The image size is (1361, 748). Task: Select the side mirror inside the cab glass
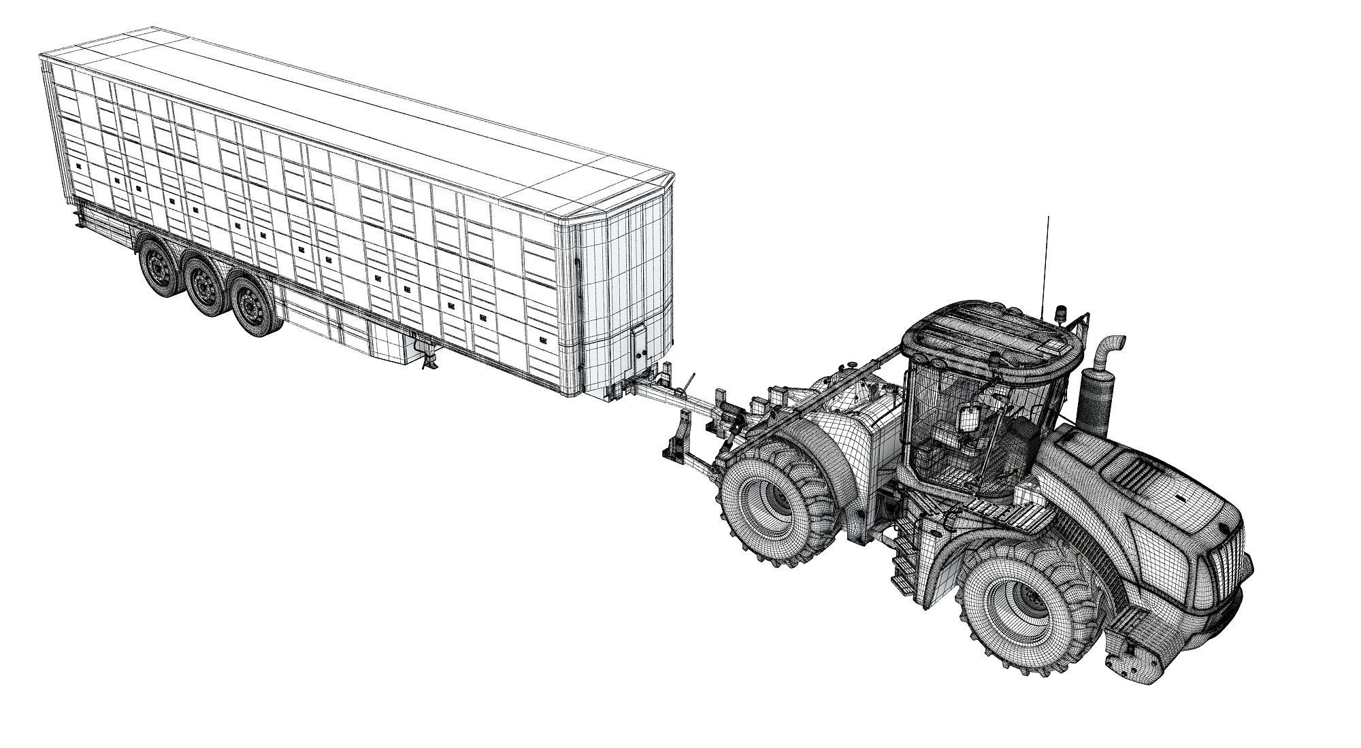coord(968,420)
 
